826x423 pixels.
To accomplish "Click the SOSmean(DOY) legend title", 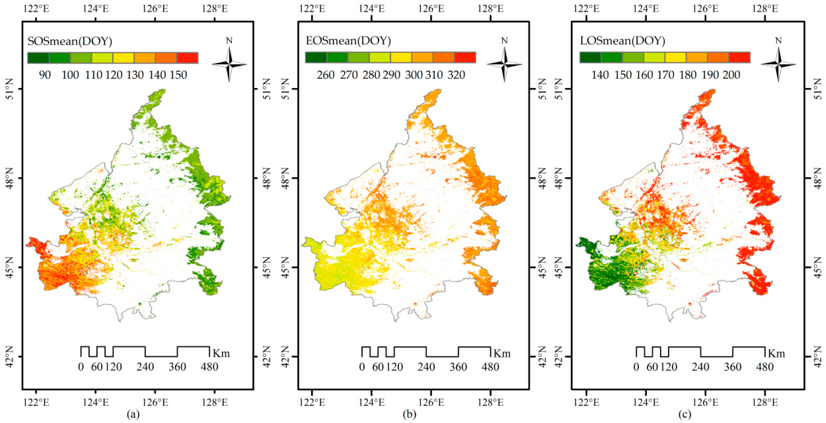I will [x=70, y=41].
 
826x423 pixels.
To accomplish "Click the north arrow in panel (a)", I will [x=229, y=64].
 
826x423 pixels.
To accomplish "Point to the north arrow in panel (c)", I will [x=778, y=64].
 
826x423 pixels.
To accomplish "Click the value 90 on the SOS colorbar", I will [x=45, y=75].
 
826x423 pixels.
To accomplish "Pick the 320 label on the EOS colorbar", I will [x=456, y=75].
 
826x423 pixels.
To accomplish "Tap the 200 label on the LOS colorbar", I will [x=731, y=75].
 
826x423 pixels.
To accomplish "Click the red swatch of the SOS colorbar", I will [x=187, y=58].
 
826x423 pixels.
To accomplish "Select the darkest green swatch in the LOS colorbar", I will [x=590, y=57].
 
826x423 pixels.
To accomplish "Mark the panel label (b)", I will [x=409, y=414].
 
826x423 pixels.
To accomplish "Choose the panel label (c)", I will [x=685, y=414].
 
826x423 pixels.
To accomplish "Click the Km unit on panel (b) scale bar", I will [x=502, y=353].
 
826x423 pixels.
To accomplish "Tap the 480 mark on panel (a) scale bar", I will [x=209, y=367].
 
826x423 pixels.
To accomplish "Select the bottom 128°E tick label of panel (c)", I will [x=765, y=402].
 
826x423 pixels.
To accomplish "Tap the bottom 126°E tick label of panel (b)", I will [x=431, y=402].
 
